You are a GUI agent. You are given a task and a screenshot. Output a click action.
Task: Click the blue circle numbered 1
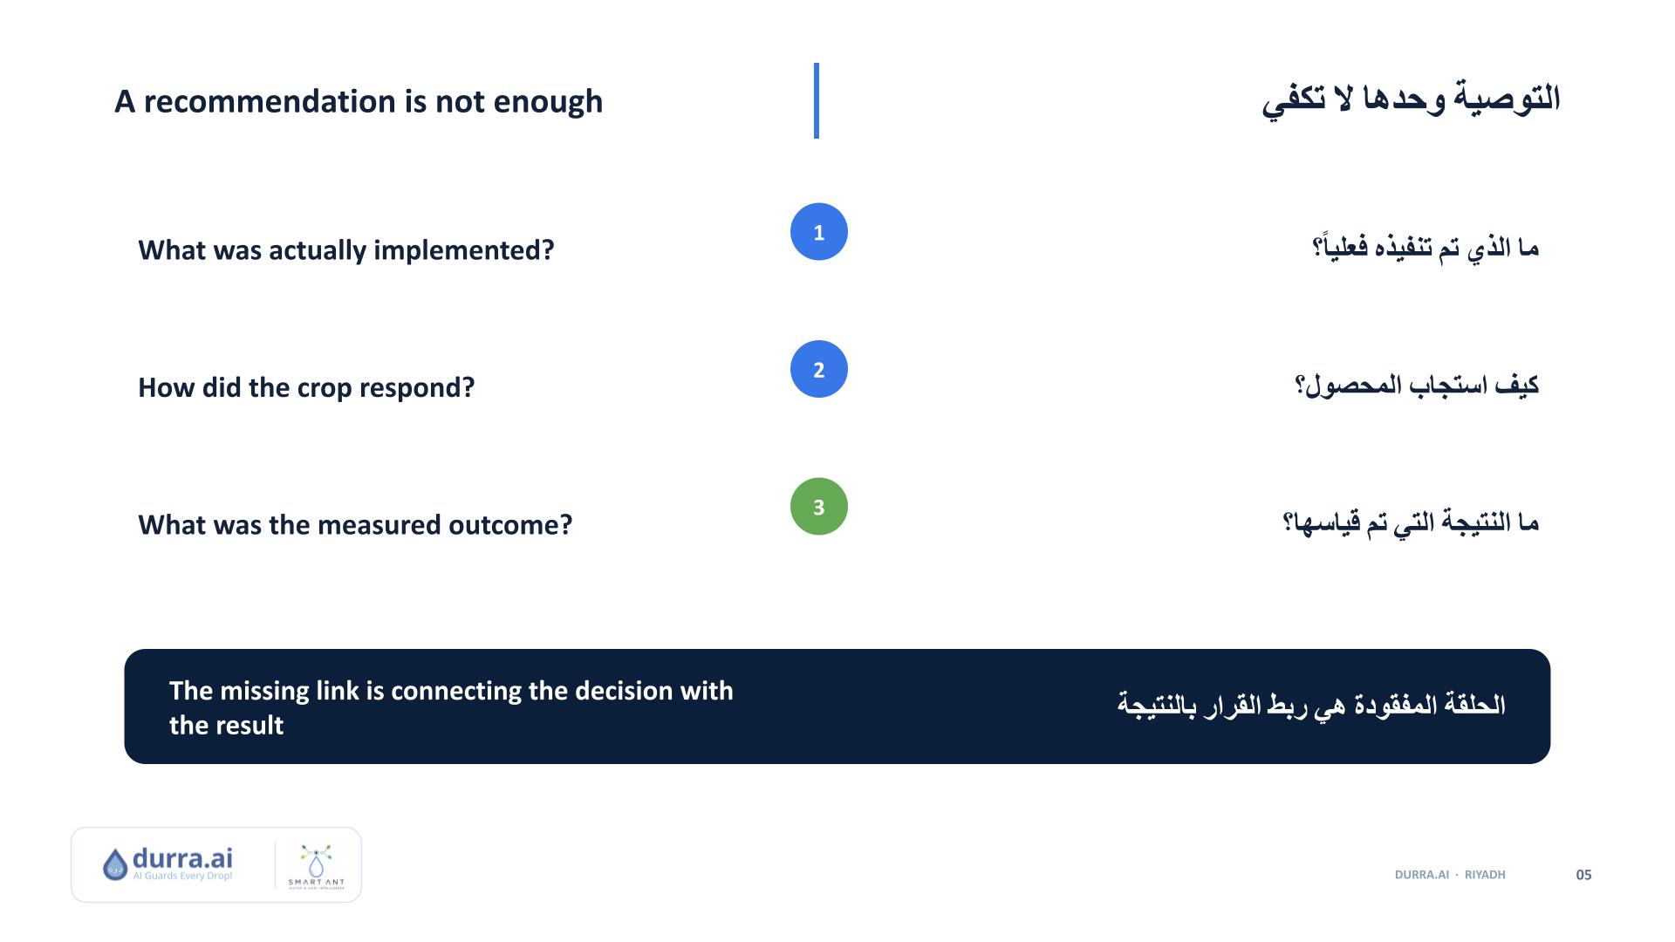[x=818, y=232]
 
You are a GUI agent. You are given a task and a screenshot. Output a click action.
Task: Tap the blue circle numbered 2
[x=818, y=369]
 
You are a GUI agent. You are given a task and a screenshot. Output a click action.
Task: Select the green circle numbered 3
[x=818, y=507]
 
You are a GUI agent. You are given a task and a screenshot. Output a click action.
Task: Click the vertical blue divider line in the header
[x=817, y=100]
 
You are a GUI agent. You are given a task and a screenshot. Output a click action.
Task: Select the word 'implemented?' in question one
[x=464, y=251]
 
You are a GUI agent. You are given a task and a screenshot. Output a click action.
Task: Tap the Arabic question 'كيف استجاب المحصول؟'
[x=1417, y=386]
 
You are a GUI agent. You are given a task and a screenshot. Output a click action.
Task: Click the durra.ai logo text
[x=182, y=858]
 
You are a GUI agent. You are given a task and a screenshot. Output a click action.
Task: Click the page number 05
[x=1583, y=875]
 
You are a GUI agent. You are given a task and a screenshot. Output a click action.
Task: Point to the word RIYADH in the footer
[x=1485, y=875]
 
